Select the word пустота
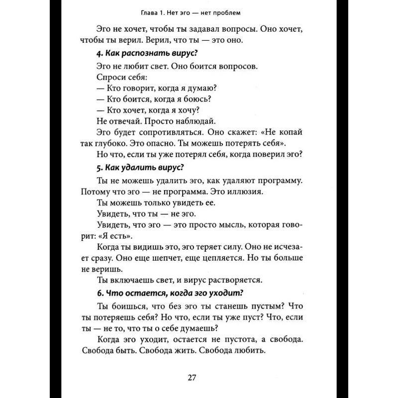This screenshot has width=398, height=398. point(236,338)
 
